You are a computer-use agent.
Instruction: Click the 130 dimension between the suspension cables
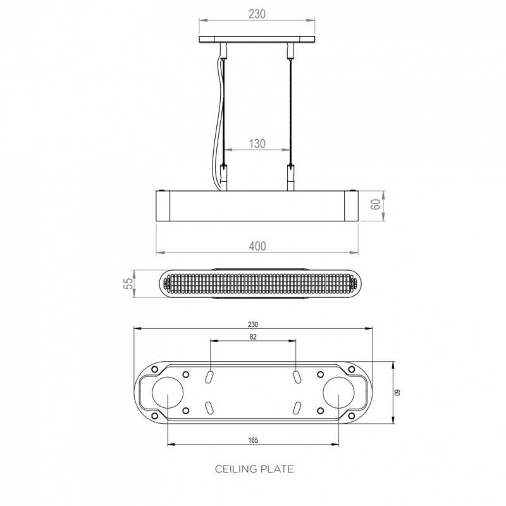tap(257, 143)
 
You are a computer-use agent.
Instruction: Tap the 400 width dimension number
tap(257, 246)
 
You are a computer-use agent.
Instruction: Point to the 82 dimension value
tap(253, 337)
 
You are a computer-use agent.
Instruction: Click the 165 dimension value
tap(253, 439)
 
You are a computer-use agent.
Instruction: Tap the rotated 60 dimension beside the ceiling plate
tap(398, 393)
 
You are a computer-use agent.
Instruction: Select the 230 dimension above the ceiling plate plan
tap(253, 324)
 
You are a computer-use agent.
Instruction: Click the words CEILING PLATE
tap(254, 469)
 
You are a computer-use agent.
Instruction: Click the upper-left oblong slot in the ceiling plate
tap(210, 376)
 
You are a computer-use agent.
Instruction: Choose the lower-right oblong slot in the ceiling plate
tap(296, 407)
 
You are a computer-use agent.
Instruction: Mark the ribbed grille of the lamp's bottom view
tap(257, 287)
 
